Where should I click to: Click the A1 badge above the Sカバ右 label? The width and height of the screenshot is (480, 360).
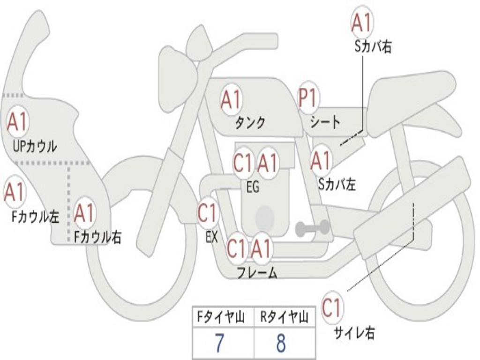362,22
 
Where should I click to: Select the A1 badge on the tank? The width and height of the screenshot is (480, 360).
231,99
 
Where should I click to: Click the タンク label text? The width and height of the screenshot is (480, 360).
250,122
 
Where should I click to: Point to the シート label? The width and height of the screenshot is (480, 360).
325,121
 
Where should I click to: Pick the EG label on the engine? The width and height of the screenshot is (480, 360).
253,187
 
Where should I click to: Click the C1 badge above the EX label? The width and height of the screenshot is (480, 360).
207,212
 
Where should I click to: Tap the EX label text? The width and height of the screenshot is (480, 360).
211,237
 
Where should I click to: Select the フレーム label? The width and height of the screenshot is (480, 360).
257,272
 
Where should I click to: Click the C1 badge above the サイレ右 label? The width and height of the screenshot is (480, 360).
332,307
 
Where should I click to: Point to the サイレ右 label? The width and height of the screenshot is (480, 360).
354,333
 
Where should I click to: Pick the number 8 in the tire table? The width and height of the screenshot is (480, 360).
281,343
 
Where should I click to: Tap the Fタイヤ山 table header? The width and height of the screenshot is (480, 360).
221,317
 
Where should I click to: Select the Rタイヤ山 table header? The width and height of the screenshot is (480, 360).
285,317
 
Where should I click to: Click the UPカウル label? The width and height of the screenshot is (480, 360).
35,146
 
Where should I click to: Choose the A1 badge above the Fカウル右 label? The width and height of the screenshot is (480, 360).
83,213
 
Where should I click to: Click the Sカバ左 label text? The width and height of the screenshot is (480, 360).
337,184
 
